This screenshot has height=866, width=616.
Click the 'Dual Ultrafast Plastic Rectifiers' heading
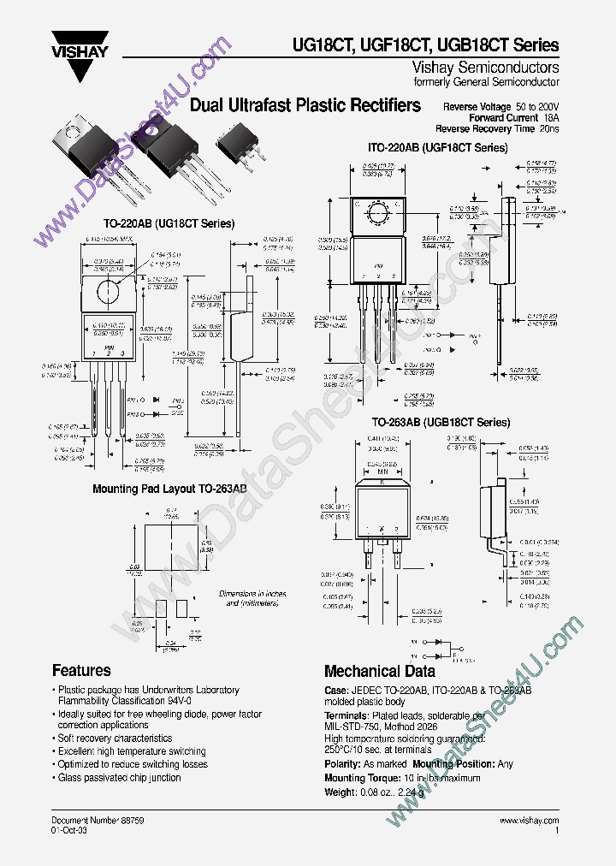(305, 105)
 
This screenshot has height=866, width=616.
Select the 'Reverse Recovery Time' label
(486, 128)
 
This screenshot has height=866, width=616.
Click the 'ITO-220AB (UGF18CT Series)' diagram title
(438, 148)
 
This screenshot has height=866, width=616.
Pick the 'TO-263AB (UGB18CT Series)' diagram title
(441, 423)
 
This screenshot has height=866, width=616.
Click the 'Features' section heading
(81, 671)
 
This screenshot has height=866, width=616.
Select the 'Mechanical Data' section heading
(379, 672)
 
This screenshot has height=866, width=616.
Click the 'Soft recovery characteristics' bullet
(115, 738)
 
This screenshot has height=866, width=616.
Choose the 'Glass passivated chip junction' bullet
(119, 777)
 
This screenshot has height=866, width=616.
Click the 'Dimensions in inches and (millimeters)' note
(254, 598)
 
